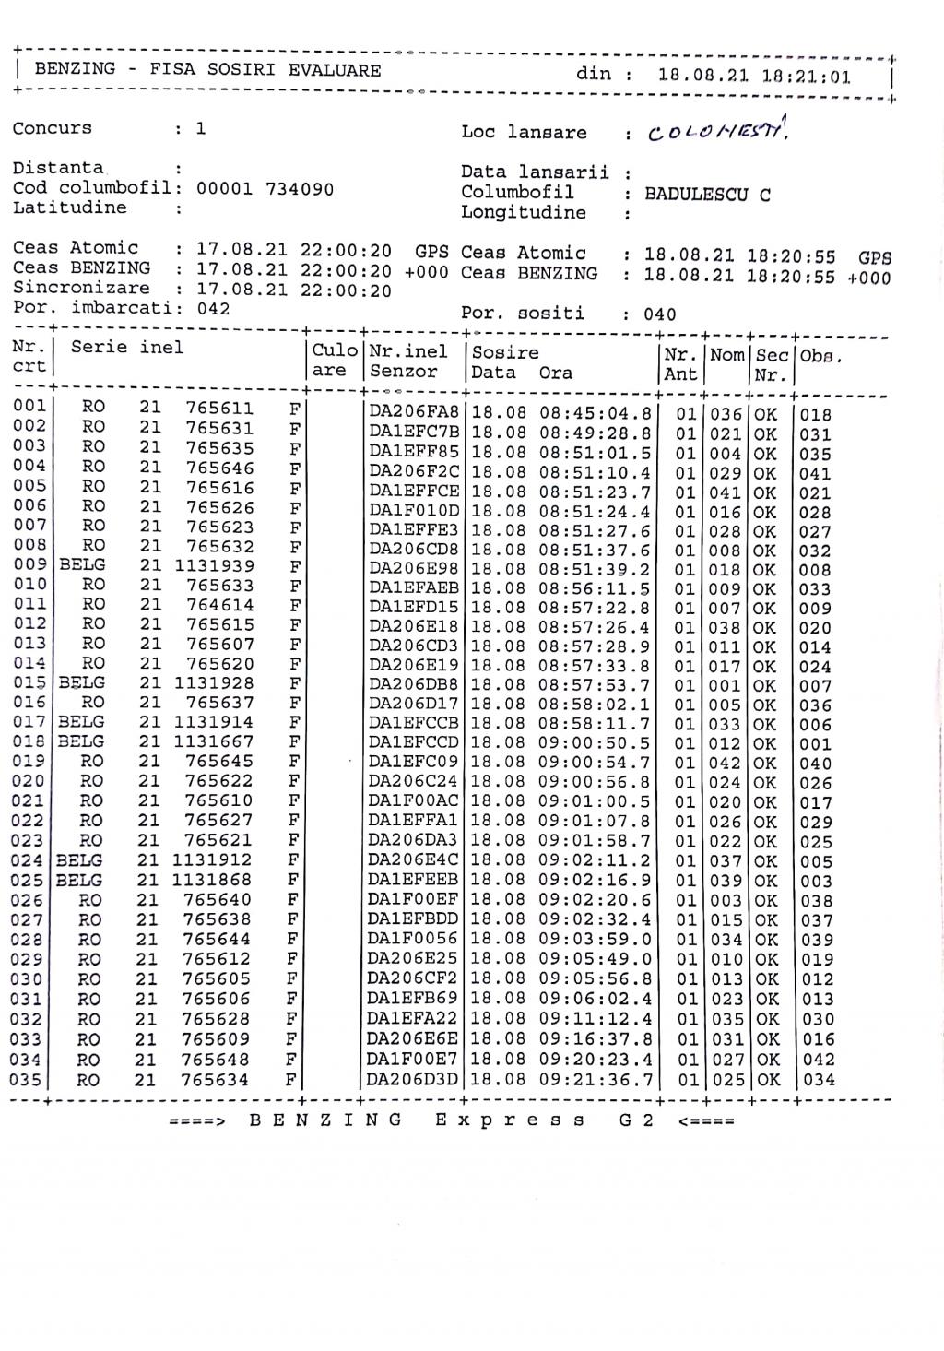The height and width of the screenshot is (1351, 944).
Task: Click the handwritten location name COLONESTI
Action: [716, 132]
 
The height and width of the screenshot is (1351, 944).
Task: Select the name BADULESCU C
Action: [707, 195]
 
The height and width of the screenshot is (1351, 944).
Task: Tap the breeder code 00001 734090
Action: [265, 189]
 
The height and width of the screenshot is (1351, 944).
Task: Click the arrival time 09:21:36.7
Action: [596, 1079]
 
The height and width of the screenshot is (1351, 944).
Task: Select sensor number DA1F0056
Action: [412, 939]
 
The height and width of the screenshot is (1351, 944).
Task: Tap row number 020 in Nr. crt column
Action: [28, 781]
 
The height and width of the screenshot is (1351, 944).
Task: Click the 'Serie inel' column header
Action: [127, 348]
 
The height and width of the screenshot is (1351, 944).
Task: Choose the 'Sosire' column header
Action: [505, 352]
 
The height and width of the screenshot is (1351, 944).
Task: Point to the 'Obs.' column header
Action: [821, 355]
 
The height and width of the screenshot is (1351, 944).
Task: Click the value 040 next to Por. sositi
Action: [660, 314]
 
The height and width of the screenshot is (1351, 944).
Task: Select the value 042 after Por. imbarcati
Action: [213, 309]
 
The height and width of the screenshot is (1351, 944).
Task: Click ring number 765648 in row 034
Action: [215, 1060]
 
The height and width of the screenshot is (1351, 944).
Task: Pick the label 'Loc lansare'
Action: [524, 133]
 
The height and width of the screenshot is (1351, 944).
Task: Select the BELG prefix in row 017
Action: [81, 722]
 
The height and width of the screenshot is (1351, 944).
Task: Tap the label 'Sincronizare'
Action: [81, 288]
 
